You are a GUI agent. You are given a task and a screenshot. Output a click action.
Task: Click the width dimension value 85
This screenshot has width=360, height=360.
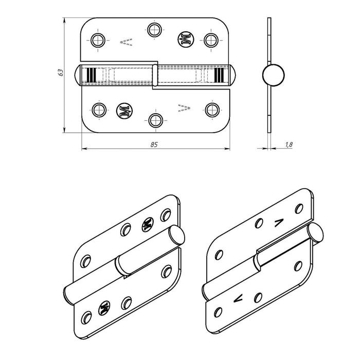point(154,145)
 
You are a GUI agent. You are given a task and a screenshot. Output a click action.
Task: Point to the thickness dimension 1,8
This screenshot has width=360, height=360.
point(289,146)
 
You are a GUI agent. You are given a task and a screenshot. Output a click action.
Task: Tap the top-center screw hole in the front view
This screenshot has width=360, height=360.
point(154,29)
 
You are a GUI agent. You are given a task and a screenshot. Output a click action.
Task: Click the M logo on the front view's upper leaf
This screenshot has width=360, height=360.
point(185,40)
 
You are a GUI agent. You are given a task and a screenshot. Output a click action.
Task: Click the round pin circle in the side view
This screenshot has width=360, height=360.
point(272,75)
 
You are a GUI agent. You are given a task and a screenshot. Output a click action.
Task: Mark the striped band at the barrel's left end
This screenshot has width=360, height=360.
point(91,75)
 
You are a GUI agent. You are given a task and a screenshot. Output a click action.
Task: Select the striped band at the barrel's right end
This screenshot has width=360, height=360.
point(220,75)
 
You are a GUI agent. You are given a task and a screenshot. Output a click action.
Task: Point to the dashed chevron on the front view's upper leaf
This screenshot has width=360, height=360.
point(125,41)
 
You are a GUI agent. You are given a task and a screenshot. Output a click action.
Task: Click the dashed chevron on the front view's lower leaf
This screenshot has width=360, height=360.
point(184,107)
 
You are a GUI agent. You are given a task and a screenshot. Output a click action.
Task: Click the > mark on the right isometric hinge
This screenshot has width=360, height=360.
point(279,223)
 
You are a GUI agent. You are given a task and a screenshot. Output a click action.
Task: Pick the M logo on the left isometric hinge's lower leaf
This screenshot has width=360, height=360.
point(104,307)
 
